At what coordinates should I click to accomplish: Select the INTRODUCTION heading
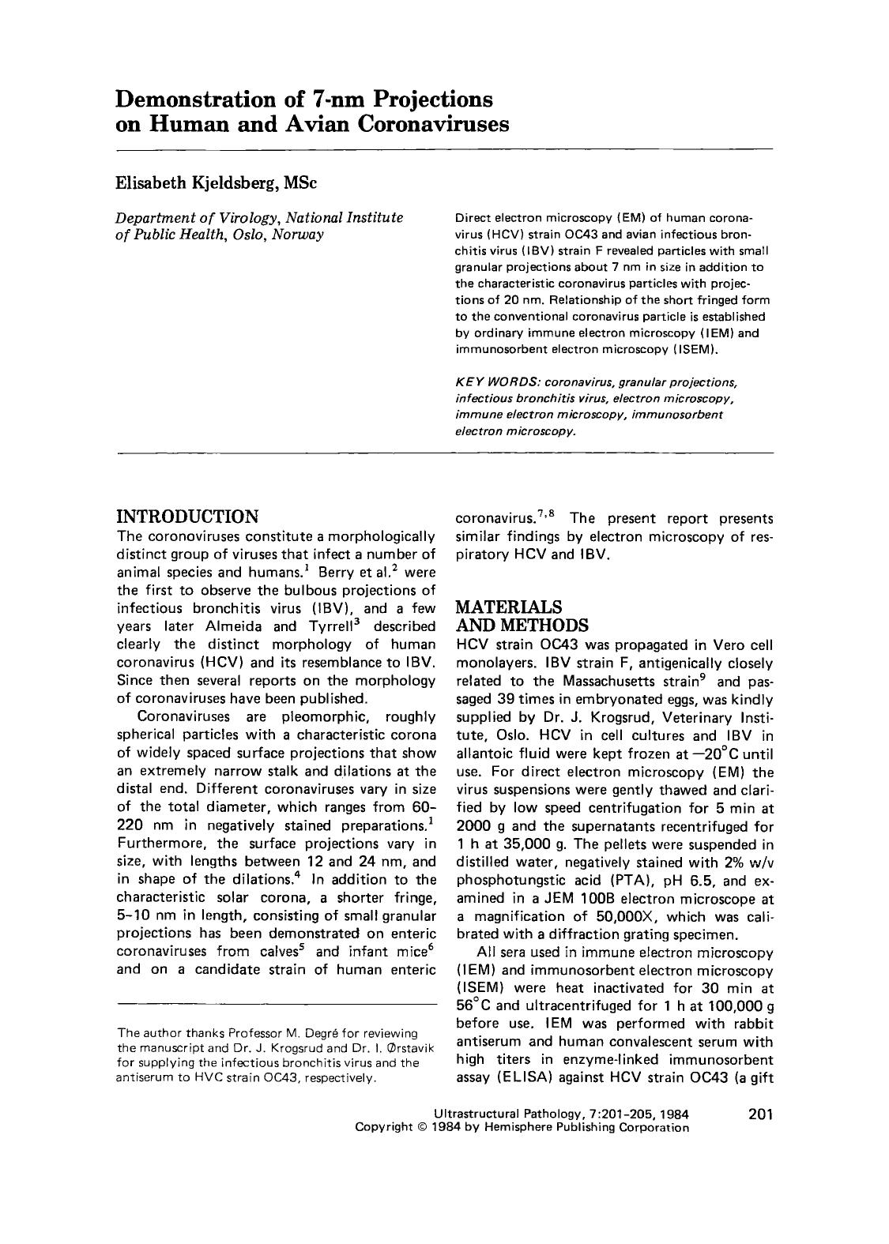(187, 517)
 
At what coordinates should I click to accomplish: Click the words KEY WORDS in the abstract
(486, 382)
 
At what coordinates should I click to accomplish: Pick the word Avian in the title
(321, 125)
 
